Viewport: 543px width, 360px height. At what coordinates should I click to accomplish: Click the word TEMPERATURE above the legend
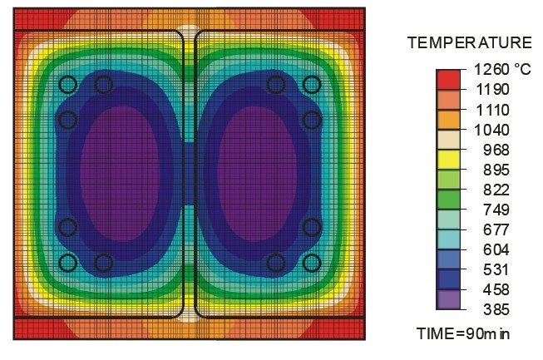coord(469,42)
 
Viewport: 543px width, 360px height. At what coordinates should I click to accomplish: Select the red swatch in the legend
coord(448,79)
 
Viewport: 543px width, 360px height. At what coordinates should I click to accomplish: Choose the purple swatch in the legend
coord(448,299)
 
